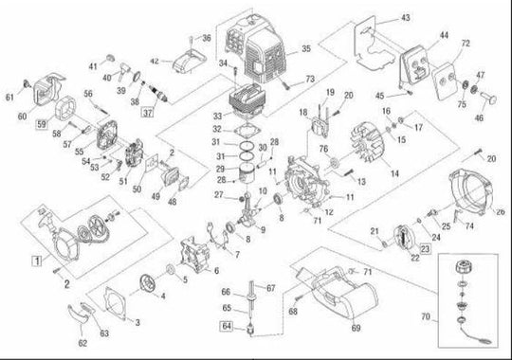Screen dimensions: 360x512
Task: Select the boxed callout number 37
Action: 147,112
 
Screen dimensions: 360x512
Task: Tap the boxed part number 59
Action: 42,123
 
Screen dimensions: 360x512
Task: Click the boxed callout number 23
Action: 425,248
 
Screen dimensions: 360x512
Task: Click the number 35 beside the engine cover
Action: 305,47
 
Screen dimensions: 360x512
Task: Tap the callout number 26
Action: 500,211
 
